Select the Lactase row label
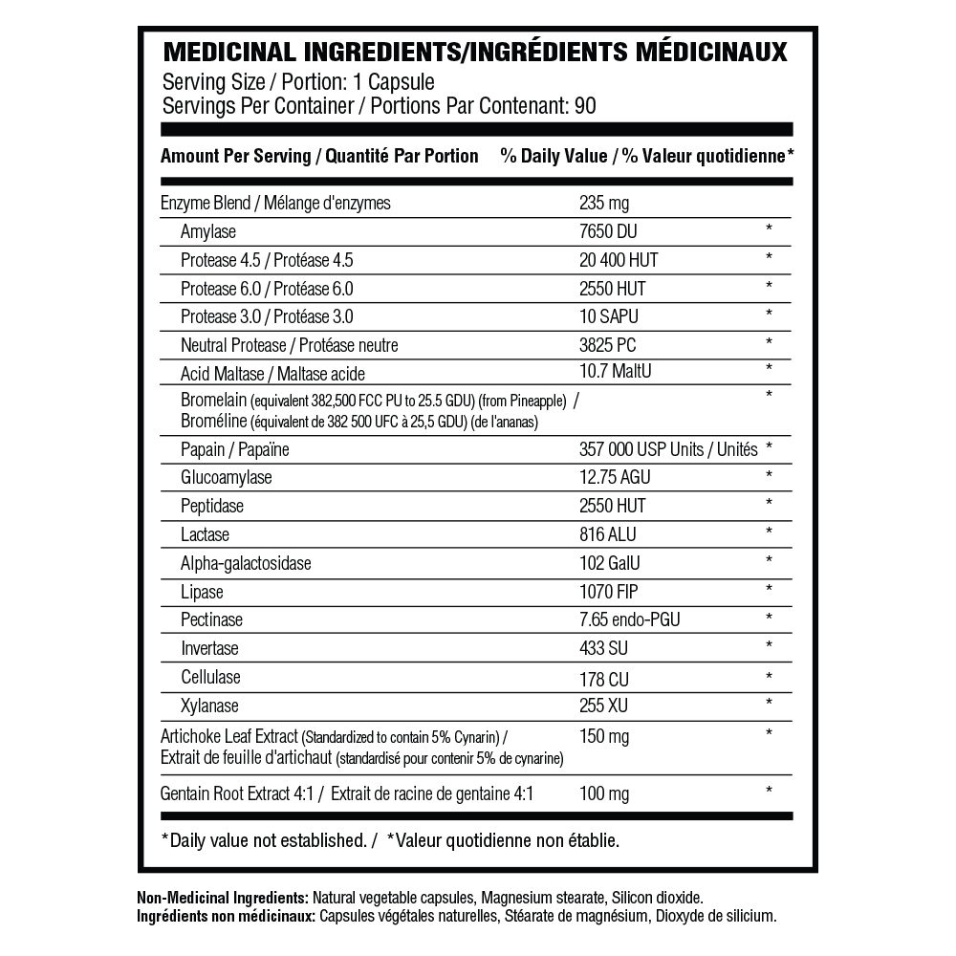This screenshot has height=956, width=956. [205, 533]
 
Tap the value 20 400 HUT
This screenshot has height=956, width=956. [619, 260]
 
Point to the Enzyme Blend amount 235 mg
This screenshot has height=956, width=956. [604, 203]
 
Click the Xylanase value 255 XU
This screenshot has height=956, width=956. [604, 706]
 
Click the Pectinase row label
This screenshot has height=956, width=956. [211, 619]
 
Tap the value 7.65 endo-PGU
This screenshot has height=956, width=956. [630, 620]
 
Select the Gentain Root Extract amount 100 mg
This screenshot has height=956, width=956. [604, 793]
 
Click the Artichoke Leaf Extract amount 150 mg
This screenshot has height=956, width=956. [604, 736]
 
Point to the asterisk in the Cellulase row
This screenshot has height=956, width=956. [768, 677]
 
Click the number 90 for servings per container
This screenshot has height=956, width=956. [585, 105]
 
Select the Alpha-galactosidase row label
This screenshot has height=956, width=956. [246, 563]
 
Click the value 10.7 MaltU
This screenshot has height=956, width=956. [615, 371]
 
